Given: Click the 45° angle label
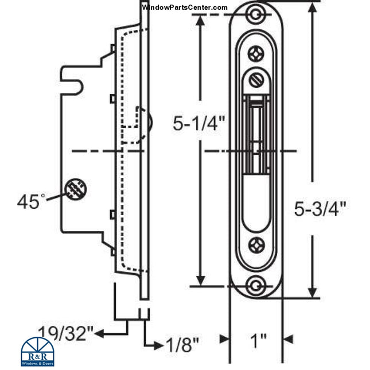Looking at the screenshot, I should [x=31, y=201].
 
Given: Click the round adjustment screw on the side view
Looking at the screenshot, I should [x=75, y=189].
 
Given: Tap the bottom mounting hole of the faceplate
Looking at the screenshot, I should [x=256, y=284].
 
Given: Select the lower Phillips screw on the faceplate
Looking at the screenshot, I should [x=256, y=246].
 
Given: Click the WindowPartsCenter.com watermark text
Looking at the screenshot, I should [x=184, y=7].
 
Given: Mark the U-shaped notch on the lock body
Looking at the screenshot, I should [x=76, y=83].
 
